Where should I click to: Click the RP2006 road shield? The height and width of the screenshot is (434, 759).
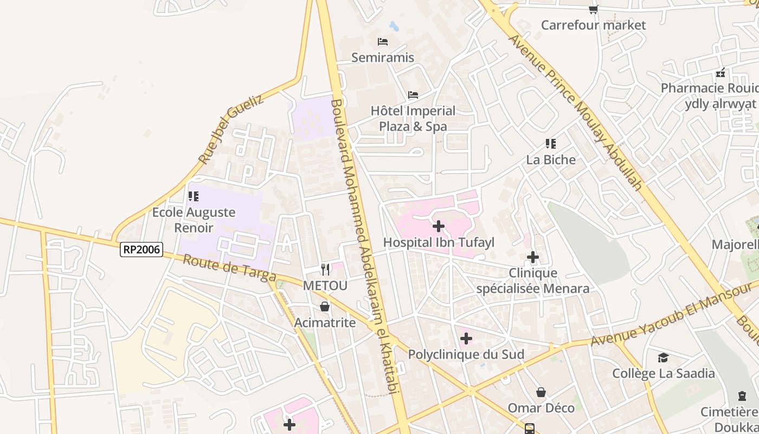(141, 250)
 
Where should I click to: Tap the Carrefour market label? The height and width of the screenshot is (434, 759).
(593, 25)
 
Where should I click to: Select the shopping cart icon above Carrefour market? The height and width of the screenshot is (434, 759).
(594, 9)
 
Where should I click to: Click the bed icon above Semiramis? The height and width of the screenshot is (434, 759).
(383, 41)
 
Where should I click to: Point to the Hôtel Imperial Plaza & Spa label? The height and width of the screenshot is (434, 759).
(413, 119)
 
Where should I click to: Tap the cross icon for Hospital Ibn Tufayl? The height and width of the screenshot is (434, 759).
(439, 226)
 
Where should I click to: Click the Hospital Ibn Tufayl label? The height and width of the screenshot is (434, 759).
(439, 242)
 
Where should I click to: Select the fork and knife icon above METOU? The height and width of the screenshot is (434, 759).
(325, 269)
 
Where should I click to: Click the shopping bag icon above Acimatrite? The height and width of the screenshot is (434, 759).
(325, 307)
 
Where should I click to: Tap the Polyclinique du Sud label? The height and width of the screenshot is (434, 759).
(466, 355)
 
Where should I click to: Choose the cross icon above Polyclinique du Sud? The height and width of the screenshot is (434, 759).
(466, 339)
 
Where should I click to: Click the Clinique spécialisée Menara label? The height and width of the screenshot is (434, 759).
(532, 280)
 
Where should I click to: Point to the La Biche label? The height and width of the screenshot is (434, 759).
(551, 160)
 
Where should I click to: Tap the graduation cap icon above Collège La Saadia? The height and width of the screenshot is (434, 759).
(663, 358)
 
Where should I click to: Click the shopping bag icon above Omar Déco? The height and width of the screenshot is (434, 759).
(541, 392)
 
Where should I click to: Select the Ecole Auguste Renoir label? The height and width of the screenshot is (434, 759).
(194, 220)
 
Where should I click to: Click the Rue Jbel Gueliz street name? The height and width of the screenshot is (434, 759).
(230, 129)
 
